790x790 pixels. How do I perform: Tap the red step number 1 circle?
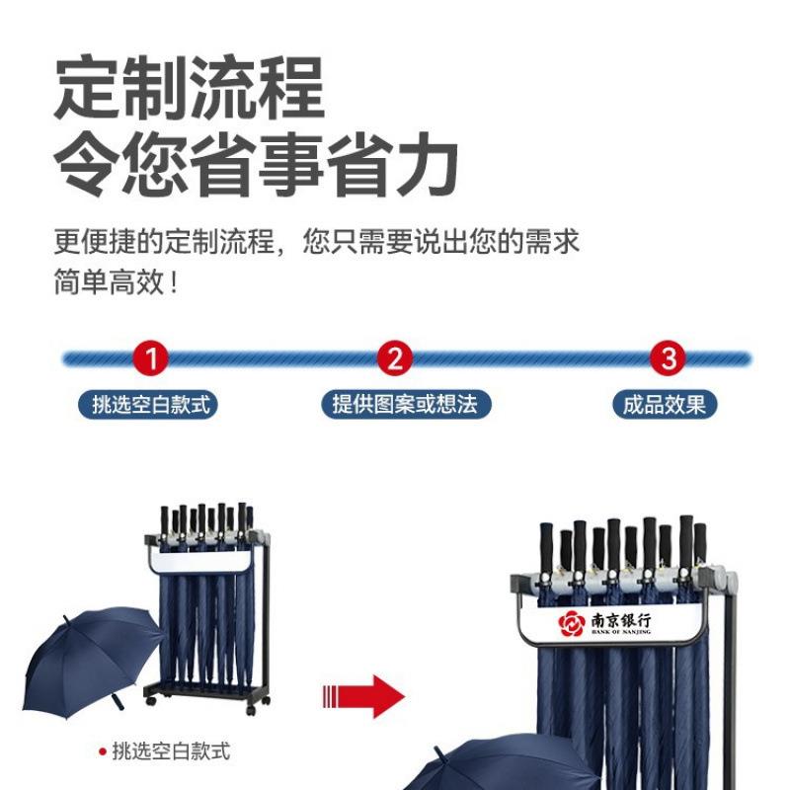point(151,357)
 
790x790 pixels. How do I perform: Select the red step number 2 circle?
point(395,357)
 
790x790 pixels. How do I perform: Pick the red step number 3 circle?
point(669,357)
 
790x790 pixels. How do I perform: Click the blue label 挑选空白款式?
point(151,404)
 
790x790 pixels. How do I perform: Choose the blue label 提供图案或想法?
point(405,404)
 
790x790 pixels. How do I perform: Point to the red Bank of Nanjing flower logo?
point(572,623)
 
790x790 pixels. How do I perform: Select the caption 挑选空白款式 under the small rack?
point(171,751)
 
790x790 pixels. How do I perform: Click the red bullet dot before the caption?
point(102,752)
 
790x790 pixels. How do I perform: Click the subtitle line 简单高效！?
point(118,284)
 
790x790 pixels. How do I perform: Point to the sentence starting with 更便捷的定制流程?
point(316,242)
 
